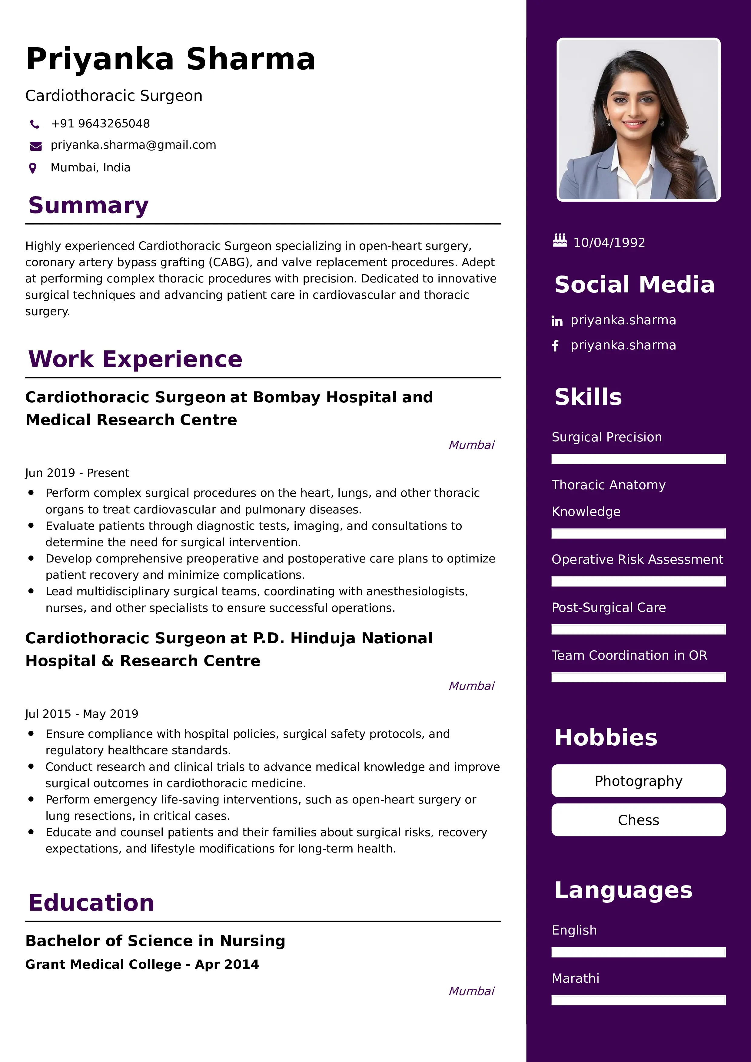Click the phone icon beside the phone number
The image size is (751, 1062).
34,124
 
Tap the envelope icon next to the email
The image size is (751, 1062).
36,146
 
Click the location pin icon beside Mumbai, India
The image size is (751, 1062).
33,168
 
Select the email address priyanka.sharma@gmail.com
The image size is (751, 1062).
133,145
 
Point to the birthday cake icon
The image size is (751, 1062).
560,240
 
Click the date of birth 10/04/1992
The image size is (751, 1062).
609,243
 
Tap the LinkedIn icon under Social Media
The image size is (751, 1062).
557,321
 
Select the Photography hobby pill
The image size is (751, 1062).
638,781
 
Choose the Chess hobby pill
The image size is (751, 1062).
638,820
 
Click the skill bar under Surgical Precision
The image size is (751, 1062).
638,459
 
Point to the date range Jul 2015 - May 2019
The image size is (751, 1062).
81,714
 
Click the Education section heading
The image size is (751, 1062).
91,903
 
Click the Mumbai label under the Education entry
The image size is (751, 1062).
471,991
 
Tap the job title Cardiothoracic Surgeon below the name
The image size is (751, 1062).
114,96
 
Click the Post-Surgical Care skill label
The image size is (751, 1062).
609,607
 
